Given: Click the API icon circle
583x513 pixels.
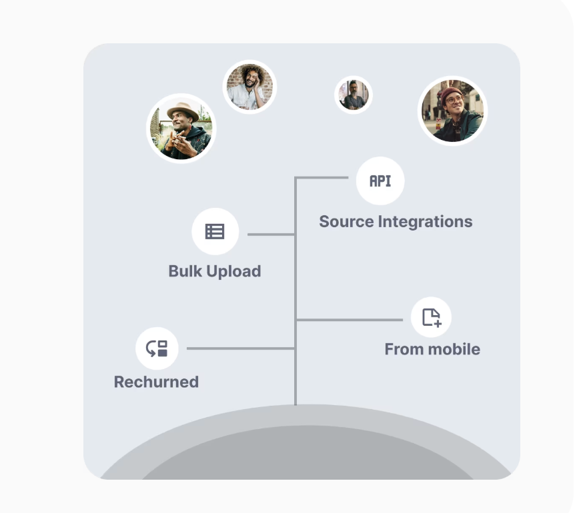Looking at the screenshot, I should [x=380, y=181].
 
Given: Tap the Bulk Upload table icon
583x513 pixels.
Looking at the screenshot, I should [x=215, y=231].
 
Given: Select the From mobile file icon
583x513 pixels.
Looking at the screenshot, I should [x=431, y=317].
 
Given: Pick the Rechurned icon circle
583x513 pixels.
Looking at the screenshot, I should [x=157, y=348].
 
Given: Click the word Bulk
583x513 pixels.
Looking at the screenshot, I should [x=183, y=271].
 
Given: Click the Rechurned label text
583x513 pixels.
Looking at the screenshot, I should [x=156, y=382].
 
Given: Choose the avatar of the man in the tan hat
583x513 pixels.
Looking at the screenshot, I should [x=181, y=128].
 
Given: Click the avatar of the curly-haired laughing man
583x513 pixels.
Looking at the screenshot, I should [x=249, y=87].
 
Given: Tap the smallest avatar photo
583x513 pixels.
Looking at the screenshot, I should [x=353, y=95].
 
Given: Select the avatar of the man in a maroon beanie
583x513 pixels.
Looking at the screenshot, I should [x=452, y=111].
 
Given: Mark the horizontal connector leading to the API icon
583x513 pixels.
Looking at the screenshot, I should [x=322, y=178].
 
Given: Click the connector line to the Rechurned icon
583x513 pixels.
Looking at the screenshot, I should [x=240, y=348].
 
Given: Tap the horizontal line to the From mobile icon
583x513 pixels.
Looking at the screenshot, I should [x=349, y=320].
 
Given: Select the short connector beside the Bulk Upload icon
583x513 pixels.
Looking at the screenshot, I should [x=271, y=235].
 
